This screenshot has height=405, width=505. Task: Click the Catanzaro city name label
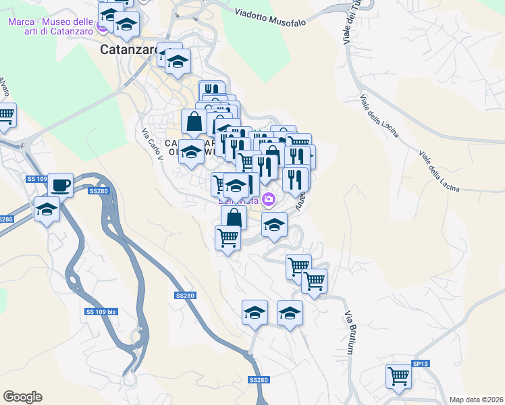click(x=128, y=49)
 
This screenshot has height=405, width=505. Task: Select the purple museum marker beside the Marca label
click(x=103, y=28)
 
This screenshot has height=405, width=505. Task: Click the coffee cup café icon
click(x=60, y=184)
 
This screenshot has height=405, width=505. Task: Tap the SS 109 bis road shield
click(x=101, y=312)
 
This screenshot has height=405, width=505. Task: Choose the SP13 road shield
click(x=420, y=364)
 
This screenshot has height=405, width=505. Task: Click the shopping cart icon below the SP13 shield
click(x=398, y=376)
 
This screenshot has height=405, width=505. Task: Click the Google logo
click(x=22, y=397)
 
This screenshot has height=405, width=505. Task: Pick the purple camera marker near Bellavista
click(x=269, y=199)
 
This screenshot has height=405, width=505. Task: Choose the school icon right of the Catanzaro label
click(x=178, y=63)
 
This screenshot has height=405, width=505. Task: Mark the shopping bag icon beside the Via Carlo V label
click(x=194, y=122)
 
